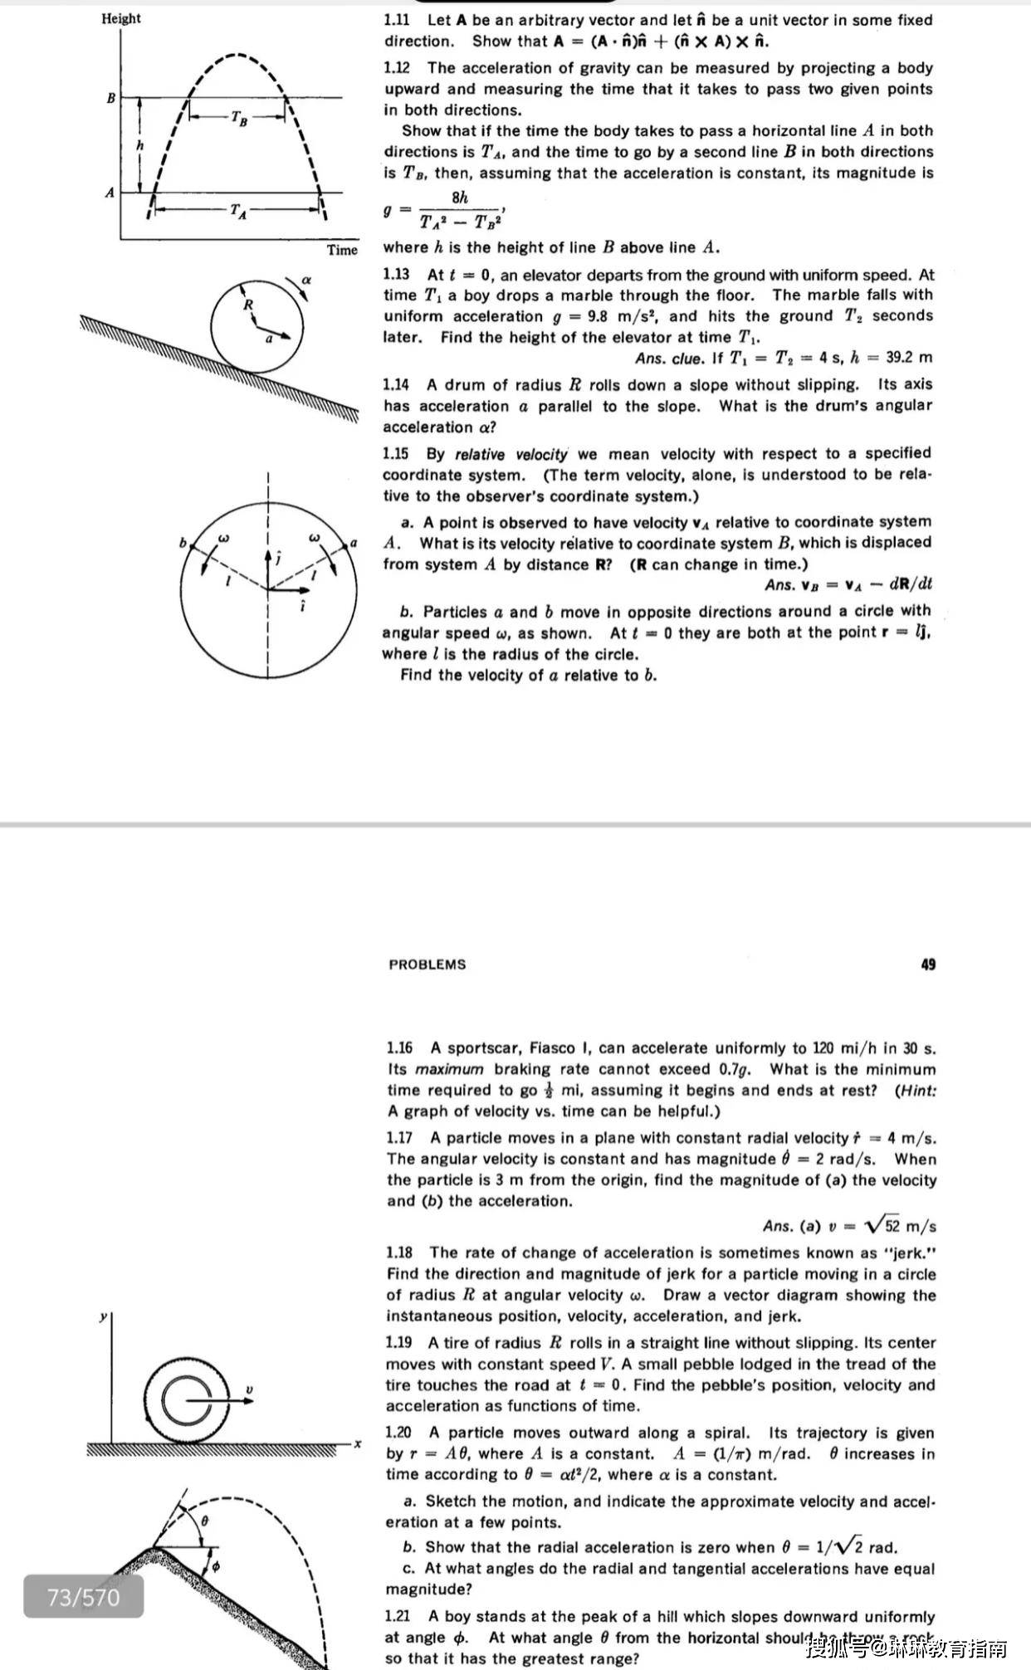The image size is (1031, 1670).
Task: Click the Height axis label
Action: click(x=121, y=18)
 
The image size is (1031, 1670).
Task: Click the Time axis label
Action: click(x=342, y=250)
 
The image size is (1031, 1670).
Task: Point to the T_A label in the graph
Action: click(x=238, y=212)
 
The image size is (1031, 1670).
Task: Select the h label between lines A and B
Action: click(x=140, y=145)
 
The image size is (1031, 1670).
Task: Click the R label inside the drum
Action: click(x=247, y=305)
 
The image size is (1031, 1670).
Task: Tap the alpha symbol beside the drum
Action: click(x=305, y=281)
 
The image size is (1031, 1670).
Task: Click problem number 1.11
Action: click(x=397, y=20)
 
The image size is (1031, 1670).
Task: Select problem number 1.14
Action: click(x=397, y=385)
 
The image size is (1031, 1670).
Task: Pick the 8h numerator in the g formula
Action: click(x=460, y=198)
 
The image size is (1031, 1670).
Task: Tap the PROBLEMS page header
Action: click(x=428, y=964)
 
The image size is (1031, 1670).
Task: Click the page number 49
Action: click(x=928, y=964)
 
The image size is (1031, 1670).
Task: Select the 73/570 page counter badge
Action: click(x=83, y=1598)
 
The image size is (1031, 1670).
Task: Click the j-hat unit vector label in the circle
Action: click(x=279, y=559)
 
